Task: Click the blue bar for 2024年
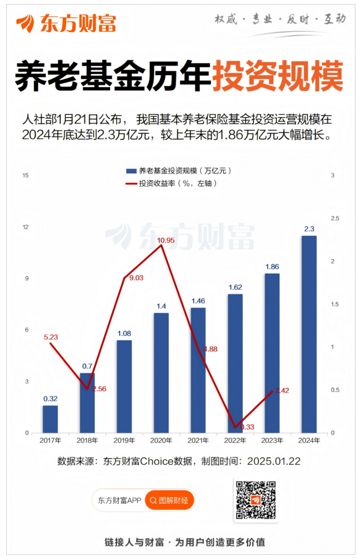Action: [309, 334]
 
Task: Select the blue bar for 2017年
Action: [51, 419]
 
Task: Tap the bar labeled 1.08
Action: [124, 386]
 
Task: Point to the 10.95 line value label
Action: [165, 239]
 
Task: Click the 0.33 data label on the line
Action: [247, 427]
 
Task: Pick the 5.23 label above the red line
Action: [51, 337]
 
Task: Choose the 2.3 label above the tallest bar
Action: [309, 229]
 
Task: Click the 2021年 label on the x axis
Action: [198, 440]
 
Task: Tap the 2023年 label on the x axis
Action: [272, 440]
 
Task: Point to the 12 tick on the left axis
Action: [25, 227]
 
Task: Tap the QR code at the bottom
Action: [256, 500]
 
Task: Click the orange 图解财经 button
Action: [169, 500]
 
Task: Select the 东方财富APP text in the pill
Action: [119, 500]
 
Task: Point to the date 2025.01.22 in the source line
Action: [274, 461]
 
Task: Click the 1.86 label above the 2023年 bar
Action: [272, 267]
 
